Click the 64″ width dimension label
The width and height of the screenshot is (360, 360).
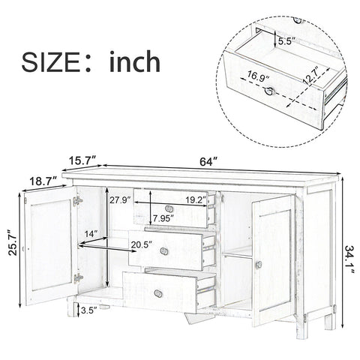tap(208, 162)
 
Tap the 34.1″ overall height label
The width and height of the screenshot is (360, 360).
tap(349, 259)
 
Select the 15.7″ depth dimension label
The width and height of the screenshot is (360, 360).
tap(82, 160)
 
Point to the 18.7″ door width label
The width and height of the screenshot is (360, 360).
tap(43, 181)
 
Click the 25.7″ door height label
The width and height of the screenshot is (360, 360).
tap(13, 241)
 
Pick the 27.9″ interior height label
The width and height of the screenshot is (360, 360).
tap(120, 200)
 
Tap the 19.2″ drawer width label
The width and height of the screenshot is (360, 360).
tap(196, 199)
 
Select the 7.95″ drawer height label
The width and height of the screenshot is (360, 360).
tap(163, 218)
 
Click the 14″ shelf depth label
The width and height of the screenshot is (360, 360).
tap(91, 234)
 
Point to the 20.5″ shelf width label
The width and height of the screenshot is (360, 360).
tap(142, 245)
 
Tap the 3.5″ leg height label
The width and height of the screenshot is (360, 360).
tap(89, 310)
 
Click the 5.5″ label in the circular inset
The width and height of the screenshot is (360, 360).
tap(286, 40)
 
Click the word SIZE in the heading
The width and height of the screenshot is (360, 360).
tap(50, 62)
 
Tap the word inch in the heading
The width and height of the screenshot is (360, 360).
tap(135, 61)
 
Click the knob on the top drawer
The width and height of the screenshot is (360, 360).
tap(169, 208)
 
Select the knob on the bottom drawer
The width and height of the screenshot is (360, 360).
tap(158, 293)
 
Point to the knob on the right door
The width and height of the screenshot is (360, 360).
tap(259, 264)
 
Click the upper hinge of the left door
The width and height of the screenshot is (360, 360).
tap(78, 201)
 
